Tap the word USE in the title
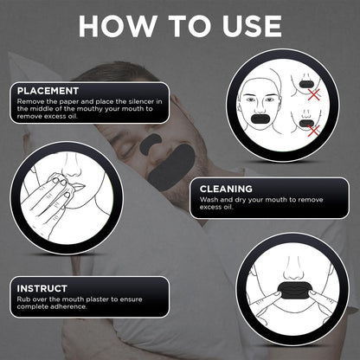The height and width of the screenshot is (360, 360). [251, 26]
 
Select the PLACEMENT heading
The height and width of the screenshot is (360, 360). [48, 91]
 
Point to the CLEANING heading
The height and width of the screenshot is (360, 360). [226, 189]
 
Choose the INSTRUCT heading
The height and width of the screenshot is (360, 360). [42, 288]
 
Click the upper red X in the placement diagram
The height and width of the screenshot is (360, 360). [314, 94]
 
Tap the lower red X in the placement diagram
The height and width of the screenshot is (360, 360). [314, 130]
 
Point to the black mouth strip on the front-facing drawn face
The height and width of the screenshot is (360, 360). [260, 119]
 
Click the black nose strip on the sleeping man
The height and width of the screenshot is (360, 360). [151, 144]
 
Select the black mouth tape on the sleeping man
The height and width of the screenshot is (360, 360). [172, 167]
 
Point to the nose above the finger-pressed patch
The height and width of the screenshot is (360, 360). [292, 270]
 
